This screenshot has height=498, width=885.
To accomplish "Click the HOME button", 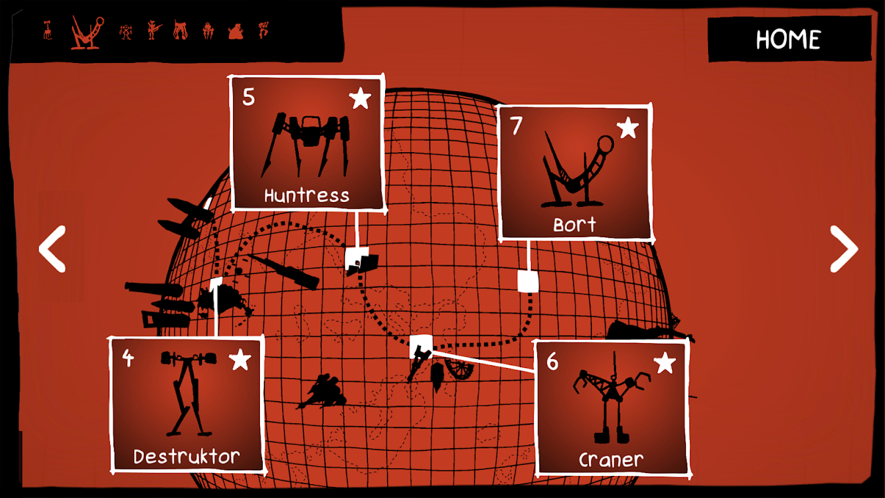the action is [789, 39].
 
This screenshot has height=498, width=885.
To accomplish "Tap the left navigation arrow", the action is [52, 249].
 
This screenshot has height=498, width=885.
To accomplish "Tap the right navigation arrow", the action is [844, 249].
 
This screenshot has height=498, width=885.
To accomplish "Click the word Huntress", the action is [306, 195].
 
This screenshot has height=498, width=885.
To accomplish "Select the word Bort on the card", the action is [575, 225].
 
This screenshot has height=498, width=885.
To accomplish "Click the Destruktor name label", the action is [187, 456].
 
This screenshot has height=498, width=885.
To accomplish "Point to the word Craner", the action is [611, 460].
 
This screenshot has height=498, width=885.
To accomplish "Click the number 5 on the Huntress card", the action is [248, 98].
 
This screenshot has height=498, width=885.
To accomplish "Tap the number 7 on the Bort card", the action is [516, 126].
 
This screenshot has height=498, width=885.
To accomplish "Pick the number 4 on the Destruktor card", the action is [128, 358].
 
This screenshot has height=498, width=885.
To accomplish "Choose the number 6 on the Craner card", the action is [552, 362].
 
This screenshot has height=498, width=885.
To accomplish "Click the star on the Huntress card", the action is [360, 98].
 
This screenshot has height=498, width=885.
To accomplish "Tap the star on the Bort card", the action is [627, 128].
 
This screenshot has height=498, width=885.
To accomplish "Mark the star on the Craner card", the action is [665, 362].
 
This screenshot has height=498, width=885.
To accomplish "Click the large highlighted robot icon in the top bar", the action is [87, 33].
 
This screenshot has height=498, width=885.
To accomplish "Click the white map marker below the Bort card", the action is [528, 282].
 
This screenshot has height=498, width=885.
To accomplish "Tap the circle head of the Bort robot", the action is [605, 145].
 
